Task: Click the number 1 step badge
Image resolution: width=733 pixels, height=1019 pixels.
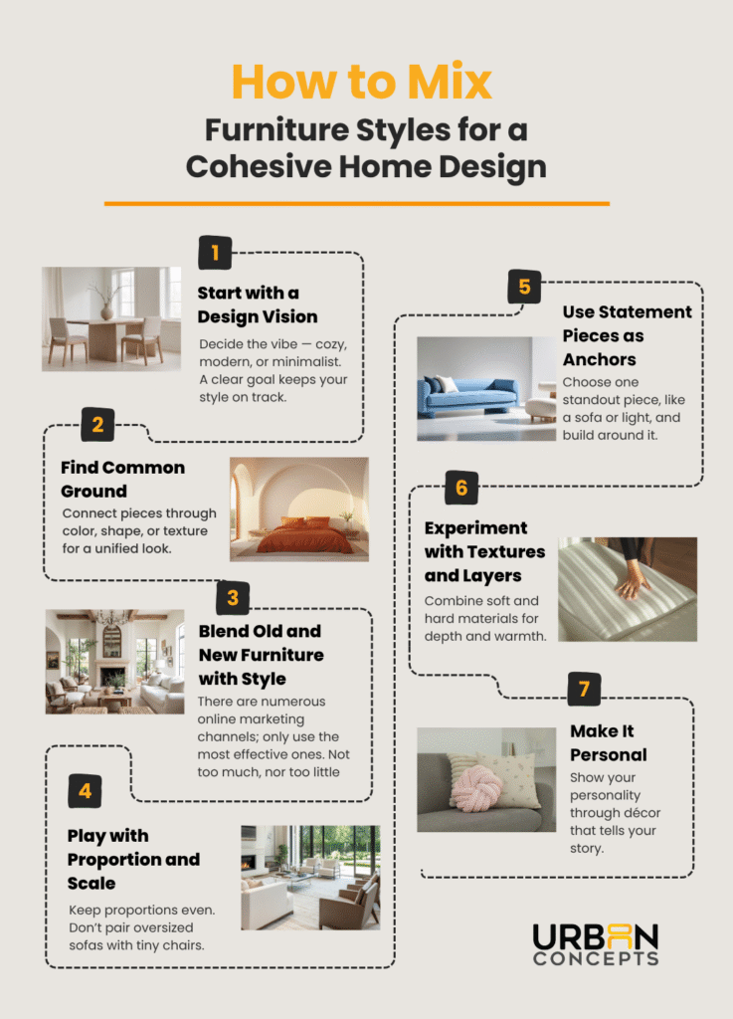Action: [215, 253]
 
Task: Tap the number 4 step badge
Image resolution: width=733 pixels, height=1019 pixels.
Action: [85, 791]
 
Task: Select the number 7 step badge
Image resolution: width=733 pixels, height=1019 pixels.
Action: [584, 689]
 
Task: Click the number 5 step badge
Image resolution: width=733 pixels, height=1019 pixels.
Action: [524, 289]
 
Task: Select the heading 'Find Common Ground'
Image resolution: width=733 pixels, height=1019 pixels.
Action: [122, 479]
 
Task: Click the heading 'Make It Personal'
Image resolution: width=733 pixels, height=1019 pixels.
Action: [608, 742]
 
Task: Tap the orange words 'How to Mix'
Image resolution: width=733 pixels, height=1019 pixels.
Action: [361, 83]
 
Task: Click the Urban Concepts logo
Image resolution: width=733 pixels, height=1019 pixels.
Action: [595, 944]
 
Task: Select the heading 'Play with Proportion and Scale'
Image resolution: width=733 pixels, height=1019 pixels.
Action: [133, 859]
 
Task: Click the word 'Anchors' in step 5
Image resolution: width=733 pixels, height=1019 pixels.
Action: [598, 359]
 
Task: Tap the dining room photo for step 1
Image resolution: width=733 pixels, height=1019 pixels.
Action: [110, 318]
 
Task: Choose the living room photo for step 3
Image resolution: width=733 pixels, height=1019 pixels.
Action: [114, 661]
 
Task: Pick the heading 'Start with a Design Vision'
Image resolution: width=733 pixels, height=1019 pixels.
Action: [257, 305]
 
